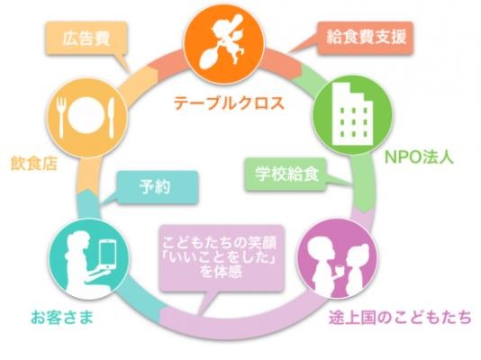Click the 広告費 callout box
[86, 39]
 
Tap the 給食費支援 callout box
[365, 38]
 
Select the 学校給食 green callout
[286, 175]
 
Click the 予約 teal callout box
[156, 187]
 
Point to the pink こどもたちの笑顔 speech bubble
[221, 258]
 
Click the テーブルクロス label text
[229, 103]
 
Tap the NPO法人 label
[419, 157]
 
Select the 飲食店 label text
[33, 163]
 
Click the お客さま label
[61, 317]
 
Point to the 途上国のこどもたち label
[400, 318]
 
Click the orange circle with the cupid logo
[224, 45]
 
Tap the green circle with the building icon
[352, 114]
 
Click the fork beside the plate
[61, 117]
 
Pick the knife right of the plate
[111, 117]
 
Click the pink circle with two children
[338, 258]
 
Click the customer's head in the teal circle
[79, 241]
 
